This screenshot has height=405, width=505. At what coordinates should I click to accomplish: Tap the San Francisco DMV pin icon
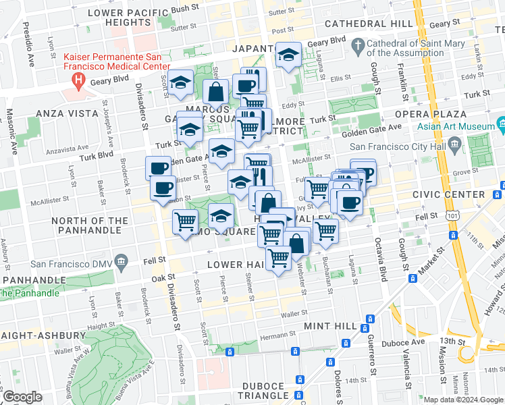tap(121, 261)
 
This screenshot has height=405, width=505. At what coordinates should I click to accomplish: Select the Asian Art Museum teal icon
tap(501, 125)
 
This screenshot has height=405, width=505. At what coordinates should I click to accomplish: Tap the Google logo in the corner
tap(22, 397)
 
